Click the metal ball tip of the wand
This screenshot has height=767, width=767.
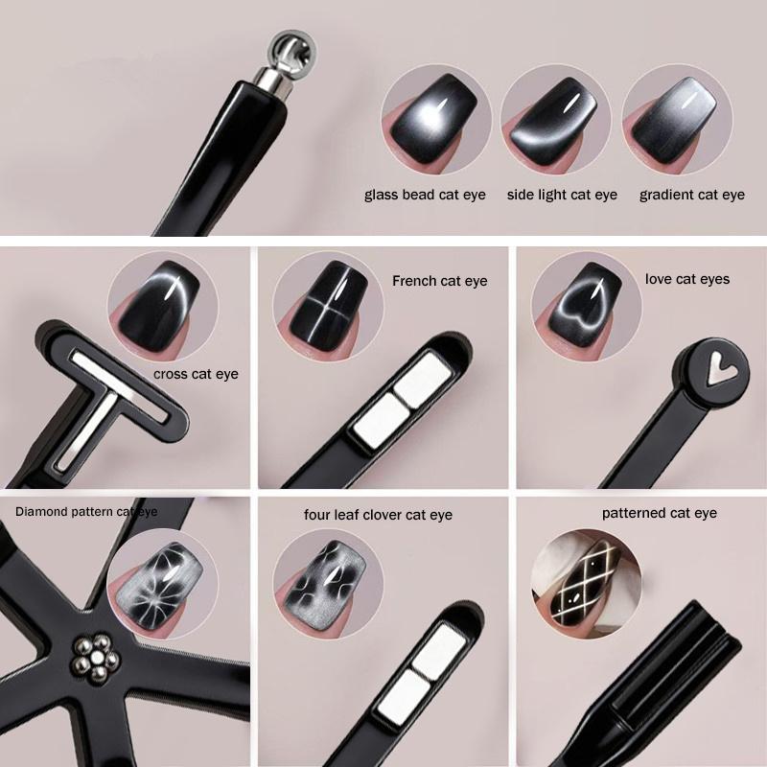pos(292,52)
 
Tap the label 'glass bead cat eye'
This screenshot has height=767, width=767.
pos(425,195)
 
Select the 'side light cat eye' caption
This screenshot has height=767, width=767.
pos(562,195)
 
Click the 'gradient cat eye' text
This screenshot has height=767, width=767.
pos(691,195)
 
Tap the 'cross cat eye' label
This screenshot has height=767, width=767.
pos(196,374)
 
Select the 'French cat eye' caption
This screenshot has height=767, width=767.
pos(440,281)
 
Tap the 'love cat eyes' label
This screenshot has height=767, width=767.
pos(687,279)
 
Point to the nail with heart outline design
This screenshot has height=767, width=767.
pos(585,303)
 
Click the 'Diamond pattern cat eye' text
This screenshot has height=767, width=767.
pos(86,512)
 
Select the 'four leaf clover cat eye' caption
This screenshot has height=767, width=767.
pos(378,515)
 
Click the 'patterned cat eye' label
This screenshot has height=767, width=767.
pos(660,513)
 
